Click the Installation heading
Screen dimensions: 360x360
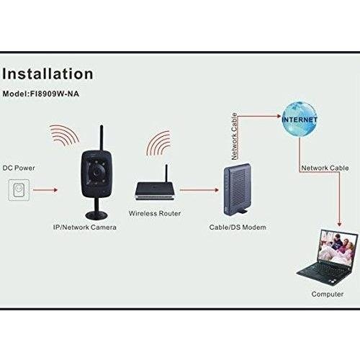pos(48,73)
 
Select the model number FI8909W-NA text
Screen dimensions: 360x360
pos(55,94)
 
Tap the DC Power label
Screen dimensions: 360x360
pos(19,168)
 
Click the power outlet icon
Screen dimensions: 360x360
pos(19,190)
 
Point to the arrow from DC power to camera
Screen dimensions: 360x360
pos(45,190)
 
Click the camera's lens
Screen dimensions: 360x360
pos(97,172)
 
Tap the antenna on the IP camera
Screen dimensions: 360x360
pos(102,139)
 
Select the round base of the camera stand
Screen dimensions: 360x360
pos(96,215)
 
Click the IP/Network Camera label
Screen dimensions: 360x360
pos(85,228)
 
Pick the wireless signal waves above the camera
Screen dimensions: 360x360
pos(64,135)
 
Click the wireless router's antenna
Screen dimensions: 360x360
pos(166,174)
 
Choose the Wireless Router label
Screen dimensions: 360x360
pos(155,213)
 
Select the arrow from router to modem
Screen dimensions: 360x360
pos(199,190)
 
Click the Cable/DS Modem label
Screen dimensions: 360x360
pos(238,228)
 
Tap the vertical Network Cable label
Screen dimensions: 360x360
pos(234,136)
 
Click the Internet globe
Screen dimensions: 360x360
pos(300,120)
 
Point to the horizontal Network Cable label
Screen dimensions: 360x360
pos(325,168)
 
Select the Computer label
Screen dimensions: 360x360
pos(328,294)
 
